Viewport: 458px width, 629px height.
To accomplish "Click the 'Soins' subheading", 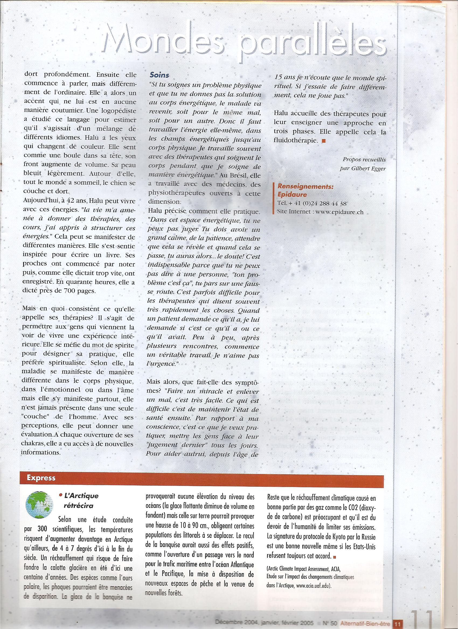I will [x=159, y=75].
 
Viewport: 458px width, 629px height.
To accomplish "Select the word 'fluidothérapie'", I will [x=296, y=140].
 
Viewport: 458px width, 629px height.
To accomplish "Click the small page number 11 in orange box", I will [x=395, y=623].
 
